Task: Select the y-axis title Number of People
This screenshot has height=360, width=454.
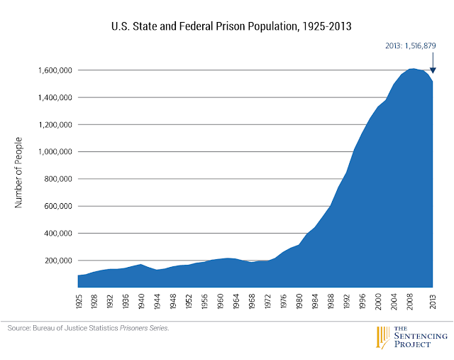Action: [19, 173]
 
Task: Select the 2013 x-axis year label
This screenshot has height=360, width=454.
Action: [432, 300]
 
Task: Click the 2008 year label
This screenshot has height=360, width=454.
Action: [411, 300]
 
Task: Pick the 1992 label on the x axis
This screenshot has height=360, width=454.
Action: [345, 300]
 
